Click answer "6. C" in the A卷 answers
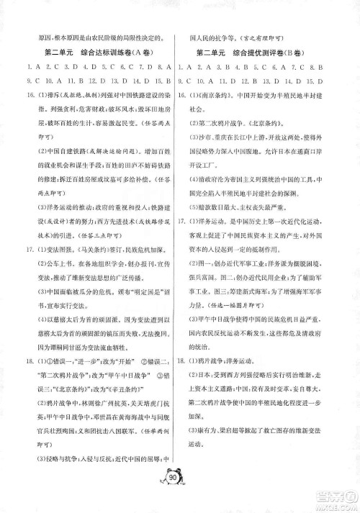tap(112, 66)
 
